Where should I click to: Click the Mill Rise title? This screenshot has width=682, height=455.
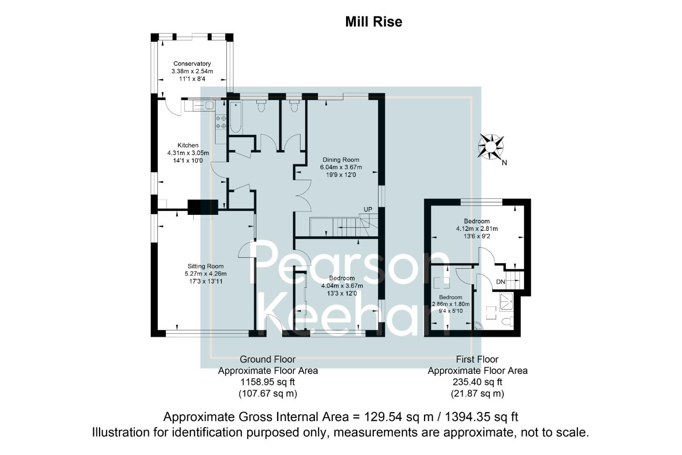(x=373, y=21)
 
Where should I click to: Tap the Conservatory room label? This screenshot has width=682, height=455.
(x=192, y=64)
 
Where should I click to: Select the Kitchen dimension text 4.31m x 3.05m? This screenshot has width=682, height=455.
(x=188, y=153)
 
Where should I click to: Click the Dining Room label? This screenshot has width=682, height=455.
(x=341, y=160)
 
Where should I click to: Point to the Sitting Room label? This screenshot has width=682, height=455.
(x=205, y=266)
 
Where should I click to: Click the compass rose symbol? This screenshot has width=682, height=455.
(x=490, y=147)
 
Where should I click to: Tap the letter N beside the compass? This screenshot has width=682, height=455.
(x=504, y=163)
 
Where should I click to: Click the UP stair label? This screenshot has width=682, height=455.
(x=368, y=210)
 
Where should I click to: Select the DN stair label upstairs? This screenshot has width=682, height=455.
(x=501, y=282)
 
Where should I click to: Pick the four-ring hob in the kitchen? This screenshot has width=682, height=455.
(x=221, y=122)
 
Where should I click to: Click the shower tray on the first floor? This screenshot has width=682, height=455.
(x=506, y=302)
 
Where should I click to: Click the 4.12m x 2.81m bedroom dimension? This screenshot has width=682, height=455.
(x=477, y=229)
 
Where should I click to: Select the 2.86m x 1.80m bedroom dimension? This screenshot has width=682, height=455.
(x=450, y=304)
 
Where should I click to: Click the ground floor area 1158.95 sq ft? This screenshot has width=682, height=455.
(x=268, y=382)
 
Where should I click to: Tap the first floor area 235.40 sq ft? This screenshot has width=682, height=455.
(x=477, y=382)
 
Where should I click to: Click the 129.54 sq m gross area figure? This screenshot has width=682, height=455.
(x=399, y=417)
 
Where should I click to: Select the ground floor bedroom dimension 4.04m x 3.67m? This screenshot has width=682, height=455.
(x=342, y=286)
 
